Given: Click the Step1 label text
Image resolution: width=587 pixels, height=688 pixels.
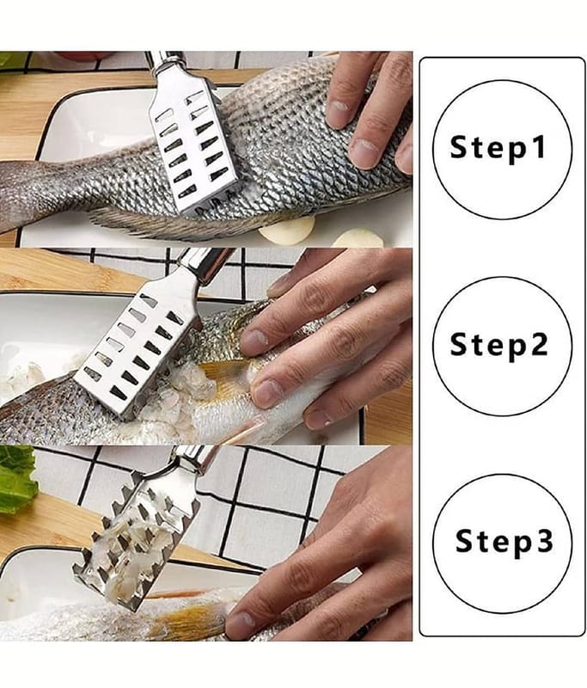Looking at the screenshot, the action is coord(498,147).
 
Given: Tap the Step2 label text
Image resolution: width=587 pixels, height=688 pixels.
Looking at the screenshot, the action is coord(499,344).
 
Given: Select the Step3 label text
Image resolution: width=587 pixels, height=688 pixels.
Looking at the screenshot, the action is coord(504,541).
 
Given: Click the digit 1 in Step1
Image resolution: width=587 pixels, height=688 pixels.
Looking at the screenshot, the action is coord(539,146).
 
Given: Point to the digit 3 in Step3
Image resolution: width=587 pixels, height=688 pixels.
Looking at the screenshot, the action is coord(545,540).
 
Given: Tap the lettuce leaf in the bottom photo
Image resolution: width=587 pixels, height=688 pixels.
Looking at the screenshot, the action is coord(16,479).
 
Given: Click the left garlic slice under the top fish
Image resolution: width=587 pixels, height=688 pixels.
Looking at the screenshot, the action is coord(287,230).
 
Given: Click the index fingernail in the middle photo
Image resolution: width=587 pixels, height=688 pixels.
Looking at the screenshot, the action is coord(254,341).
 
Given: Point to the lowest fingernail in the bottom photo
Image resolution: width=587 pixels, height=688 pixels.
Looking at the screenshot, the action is coord(240,622).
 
